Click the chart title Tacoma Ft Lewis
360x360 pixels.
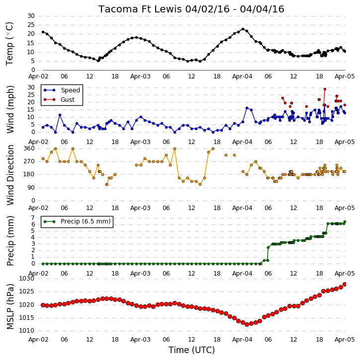tap(140, 9)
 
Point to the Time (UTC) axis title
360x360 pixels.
tap(191, 350)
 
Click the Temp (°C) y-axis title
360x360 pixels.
tap(9, 44)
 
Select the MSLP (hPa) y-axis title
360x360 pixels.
tap(10, 306)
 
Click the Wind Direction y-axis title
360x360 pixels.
tap(10, 175)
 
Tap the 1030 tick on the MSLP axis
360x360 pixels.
tap(27, 279)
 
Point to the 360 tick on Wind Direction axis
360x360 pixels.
tap(29, 148)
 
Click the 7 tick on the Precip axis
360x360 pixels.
tap(33, 217)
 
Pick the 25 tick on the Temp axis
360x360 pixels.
tap(31, 25)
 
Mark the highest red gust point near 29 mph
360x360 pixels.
tap(325, 89)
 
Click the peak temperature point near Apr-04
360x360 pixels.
tap(243, 29)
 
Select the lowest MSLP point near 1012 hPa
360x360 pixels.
tap(247, 324)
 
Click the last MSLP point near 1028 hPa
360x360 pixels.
tap(345, 285)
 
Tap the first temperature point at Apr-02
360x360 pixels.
tap(43, 32)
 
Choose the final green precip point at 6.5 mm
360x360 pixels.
tap(345, 222)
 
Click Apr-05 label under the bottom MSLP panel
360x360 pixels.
tap(345, 339)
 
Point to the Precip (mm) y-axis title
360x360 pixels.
tap(10, 241)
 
